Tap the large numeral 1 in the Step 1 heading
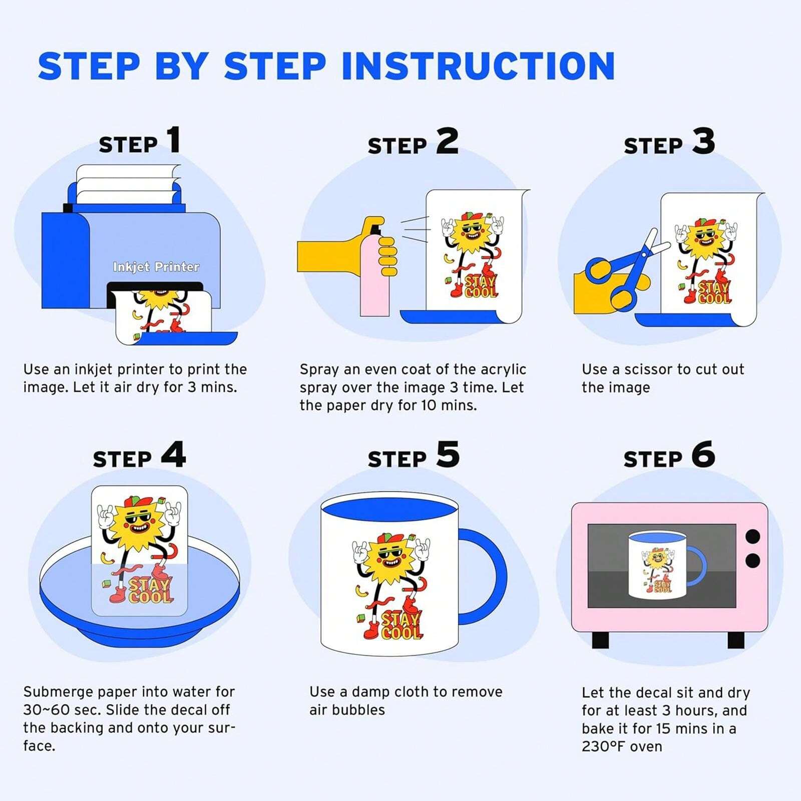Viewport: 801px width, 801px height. click(x=174, y=140)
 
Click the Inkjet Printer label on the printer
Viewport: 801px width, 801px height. click(x=156, y=267)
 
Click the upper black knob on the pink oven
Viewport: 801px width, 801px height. click(x=752, y=537)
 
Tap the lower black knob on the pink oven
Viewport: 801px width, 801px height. click(x=752, y=560)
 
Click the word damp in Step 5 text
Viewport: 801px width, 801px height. click(x=371, y=692)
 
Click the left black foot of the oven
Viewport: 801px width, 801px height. click(x=601, y=639)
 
